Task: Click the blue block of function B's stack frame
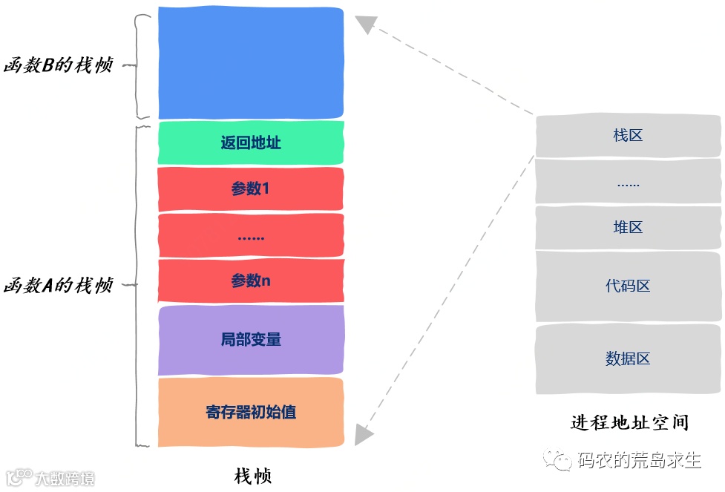click(x=251, y=63)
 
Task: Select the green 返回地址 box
click(x=251, y=142)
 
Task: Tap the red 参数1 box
click(x=251, y=189)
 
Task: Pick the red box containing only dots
click(x=251, y=236)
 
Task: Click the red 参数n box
click(x=251, y=281)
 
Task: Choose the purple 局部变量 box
click(x=251, y=340)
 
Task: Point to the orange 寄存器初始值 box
click(x=251, y=412)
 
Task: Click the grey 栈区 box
click(x=628, y=136)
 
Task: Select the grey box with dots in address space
click(x=628, y=182)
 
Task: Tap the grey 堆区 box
click(x=628, y=228)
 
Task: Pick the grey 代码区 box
click(x=628, y=286)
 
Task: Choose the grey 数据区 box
click(x=628, y=359)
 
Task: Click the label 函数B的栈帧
click(x=58, y=65)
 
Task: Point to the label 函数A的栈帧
click(x=58, y=285)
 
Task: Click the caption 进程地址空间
click(x=629, y=423)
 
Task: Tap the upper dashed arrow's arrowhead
click(x=365, y=24)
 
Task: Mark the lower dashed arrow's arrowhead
click(x=364, y=435)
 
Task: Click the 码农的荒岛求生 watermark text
click(x=639, y=461)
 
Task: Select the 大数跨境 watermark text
click(x=64, y=478)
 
